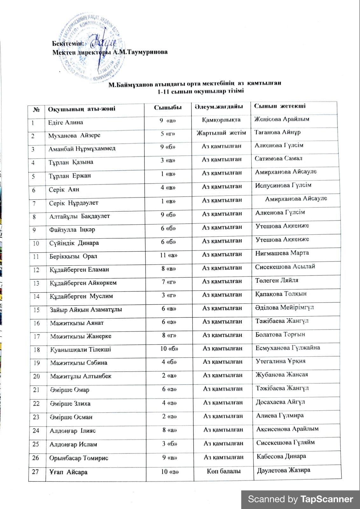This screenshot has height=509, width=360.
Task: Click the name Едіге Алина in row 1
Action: pos(66,122)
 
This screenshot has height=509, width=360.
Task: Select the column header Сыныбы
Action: pos(168,108)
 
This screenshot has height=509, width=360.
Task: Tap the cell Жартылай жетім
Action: pos(221,133)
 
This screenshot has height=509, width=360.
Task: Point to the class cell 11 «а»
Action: pos(169,255)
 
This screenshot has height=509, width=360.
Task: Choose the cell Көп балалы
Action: pos(224,471)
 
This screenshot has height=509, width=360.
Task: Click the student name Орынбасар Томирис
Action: pos(79,458)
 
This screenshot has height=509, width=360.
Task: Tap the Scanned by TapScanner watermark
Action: pos(300,499)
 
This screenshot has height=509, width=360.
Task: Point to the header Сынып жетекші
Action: pos(280,106)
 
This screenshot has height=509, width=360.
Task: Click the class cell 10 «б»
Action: pos(169,349)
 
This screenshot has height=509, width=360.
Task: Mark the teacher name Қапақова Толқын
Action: pos(281,294)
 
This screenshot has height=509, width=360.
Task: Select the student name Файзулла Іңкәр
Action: pos(72,230)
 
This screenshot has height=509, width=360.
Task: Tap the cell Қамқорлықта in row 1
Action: pos(221,120)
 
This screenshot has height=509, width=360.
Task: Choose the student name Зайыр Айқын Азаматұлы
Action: pos(86,310)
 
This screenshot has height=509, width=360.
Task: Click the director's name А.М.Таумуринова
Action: pos(140,52)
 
